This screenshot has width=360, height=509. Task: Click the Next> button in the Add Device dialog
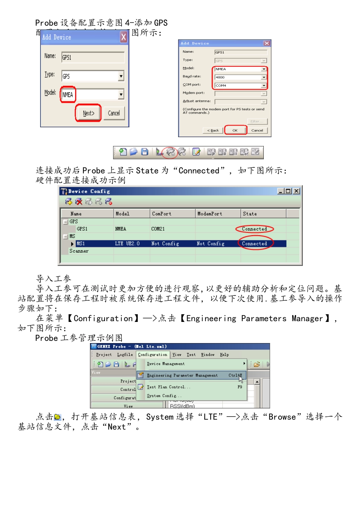point(88,113)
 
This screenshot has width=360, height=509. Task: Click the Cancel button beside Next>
point(114,113)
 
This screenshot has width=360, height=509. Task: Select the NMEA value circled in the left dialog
point(68,95)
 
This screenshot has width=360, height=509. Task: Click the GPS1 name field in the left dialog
point(93,57)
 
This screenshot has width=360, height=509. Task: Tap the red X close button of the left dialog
point(124,37)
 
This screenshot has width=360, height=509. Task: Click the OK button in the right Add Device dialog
point(235,130)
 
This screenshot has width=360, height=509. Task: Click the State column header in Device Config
point(263,214)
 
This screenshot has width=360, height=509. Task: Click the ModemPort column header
point(218,214)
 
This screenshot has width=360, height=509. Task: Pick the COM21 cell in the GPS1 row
point(158,229)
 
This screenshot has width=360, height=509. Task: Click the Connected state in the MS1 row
point(255,244)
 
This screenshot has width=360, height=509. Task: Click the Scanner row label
point(79,251)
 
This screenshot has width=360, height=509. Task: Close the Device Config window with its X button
point(296,191)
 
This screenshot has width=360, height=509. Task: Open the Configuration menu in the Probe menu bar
point(152,354)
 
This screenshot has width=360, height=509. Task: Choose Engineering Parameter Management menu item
point(182,375)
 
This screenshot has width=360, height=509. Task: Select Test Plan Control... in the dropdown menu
point(168,387)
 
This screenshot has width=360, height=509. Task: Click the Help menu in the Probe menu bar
point(224,354)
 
